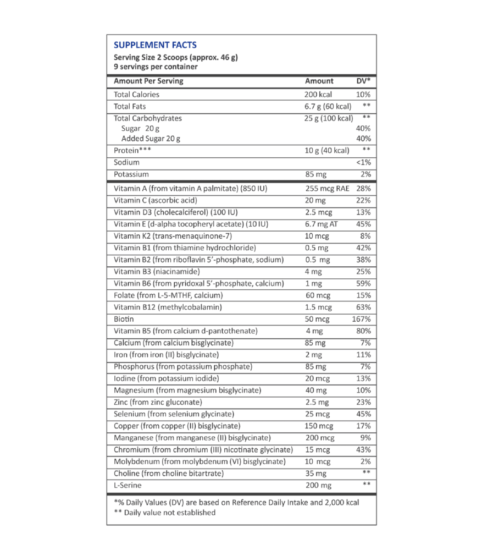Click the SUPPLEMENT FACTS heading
154,45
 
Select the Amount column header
319,81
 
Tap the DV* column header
363,81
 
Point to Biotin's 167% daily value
361,319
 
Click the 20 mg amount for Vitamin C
315,200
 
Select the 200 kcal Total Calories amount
318,94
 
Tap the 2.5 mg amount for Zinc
317,402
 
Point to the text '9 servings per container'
156,67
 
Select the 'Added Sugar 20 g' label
151,139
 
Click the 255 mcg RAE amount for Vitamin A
327,188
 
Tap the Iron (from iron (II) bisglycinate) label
166,355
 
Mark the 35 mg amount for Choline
315,473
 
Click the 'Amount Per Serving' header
148,81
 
